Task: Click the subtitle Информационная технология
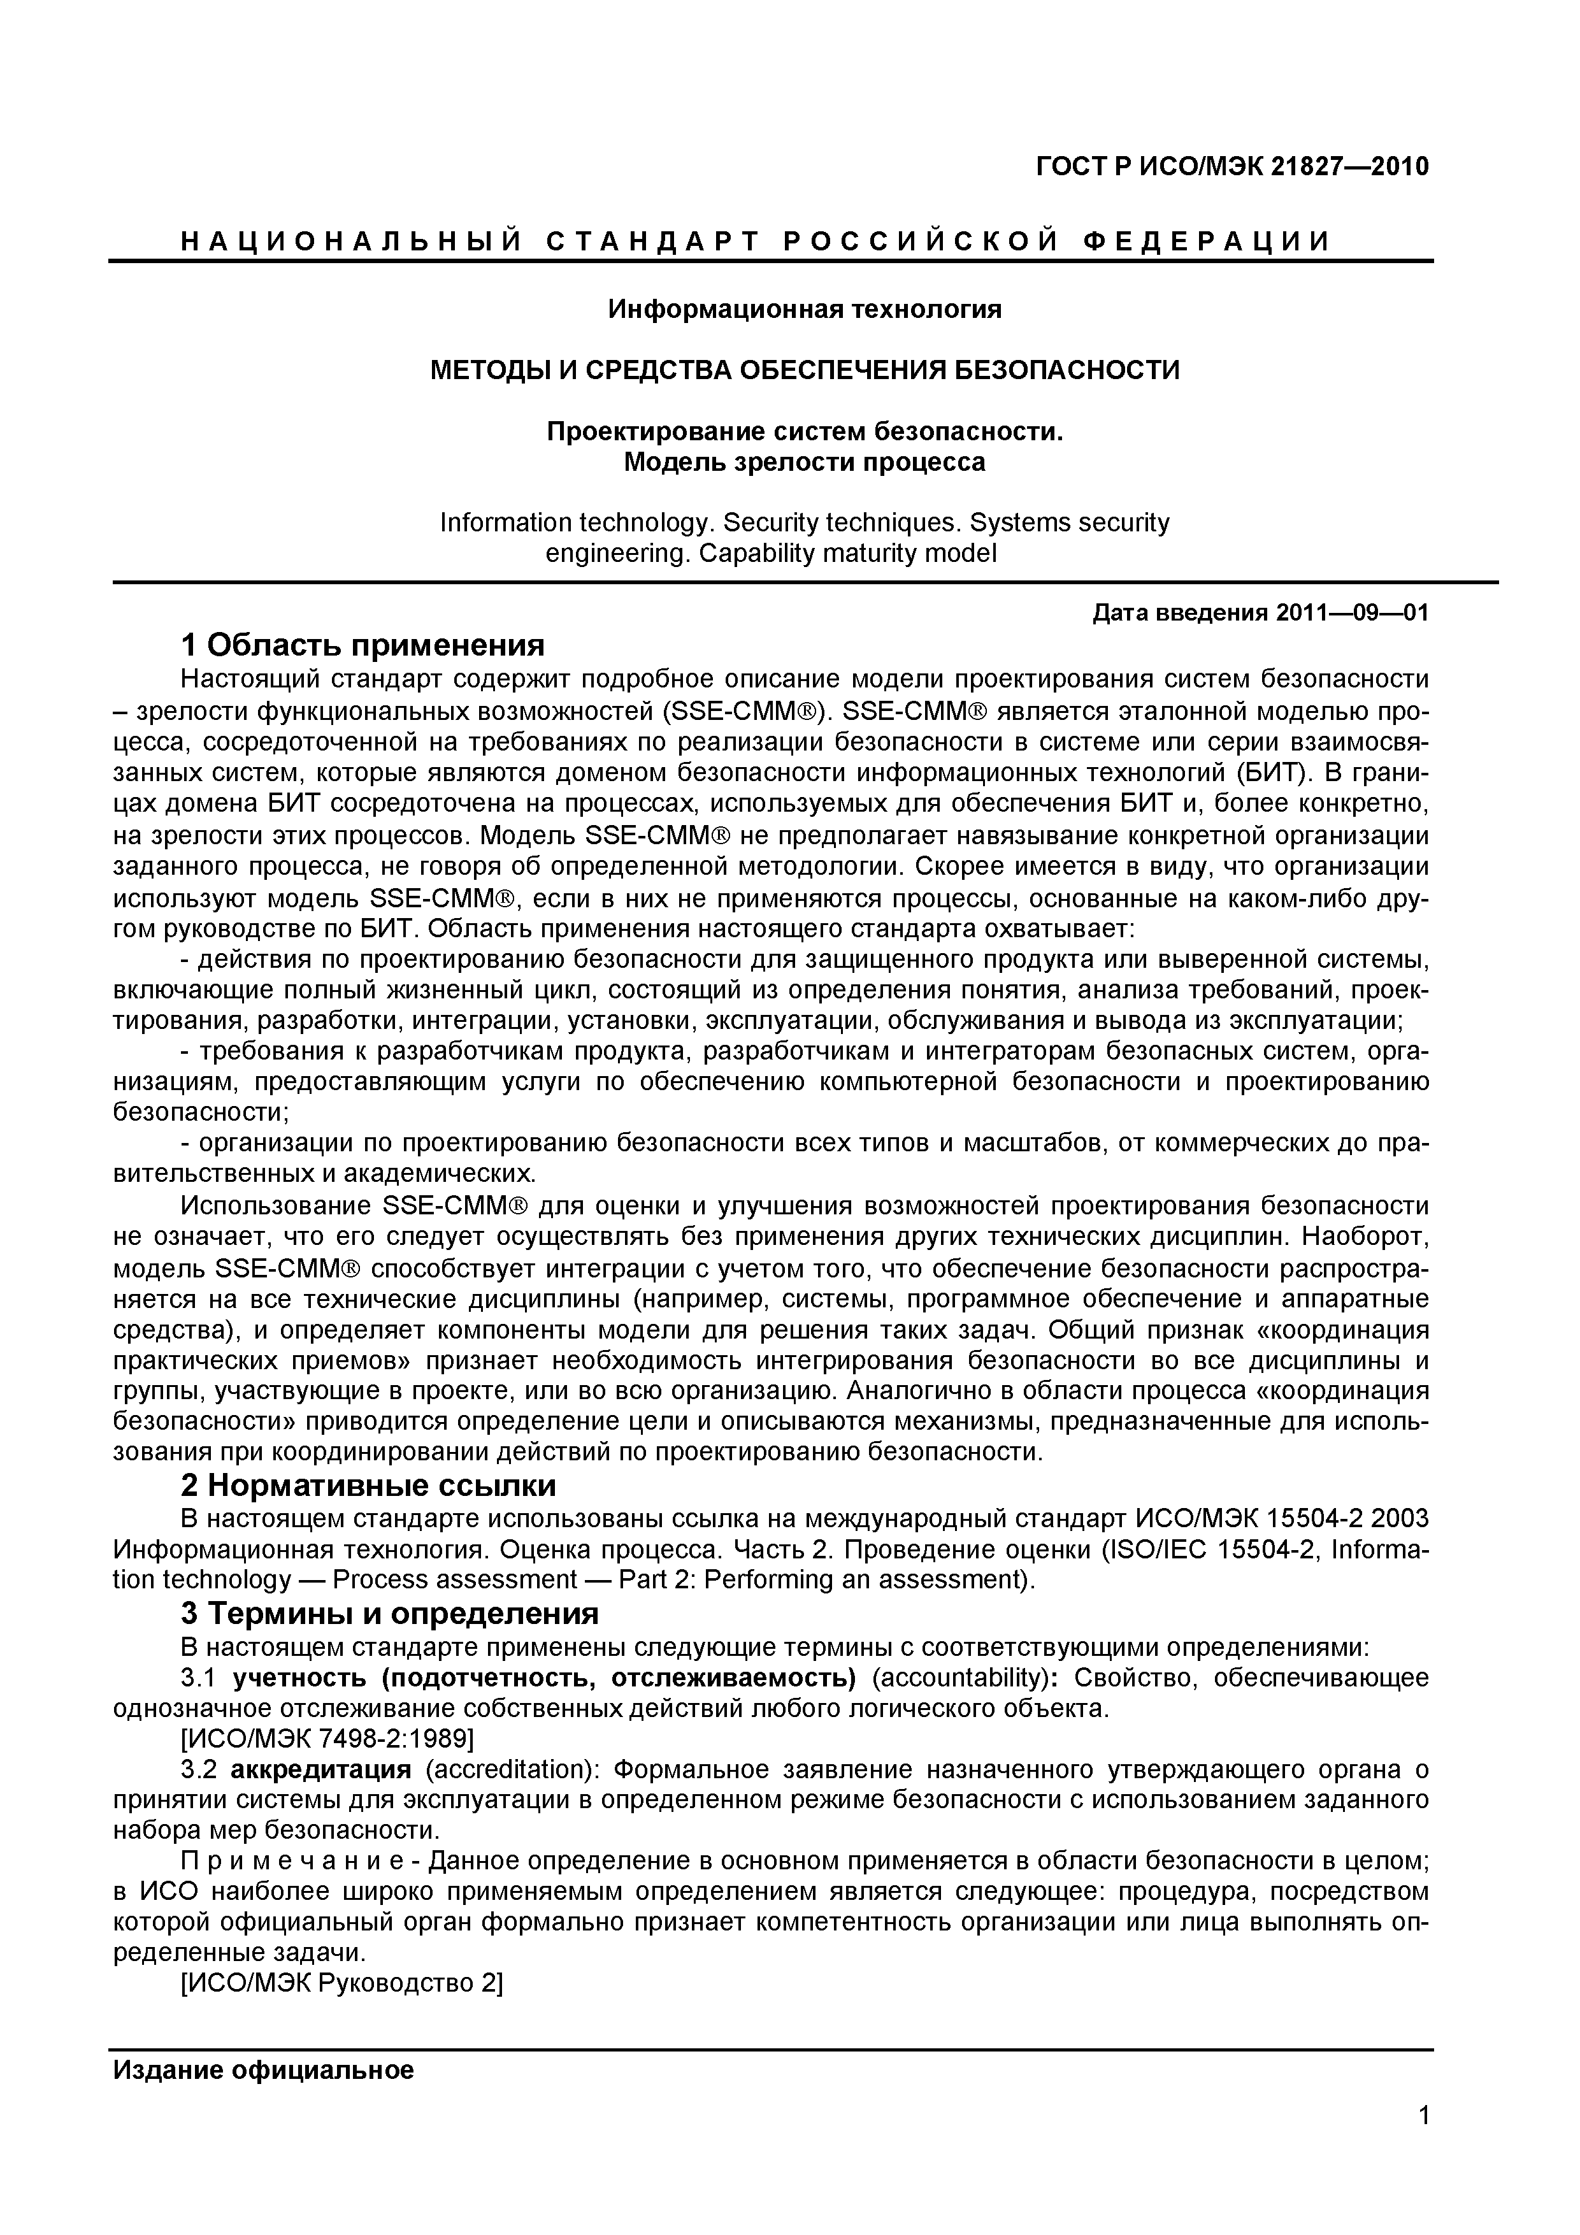(x=804, y=310)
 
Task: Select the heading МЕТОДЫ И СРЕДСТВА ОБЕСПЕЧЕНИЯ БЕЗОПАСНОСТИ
(x=804, y=370)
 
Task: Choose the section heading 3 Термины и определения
(x=389, y=1614)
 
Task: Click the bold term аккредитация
(x=323, y=1769)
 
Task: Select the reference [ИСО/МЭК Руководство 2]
(x=341, y=1984)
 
